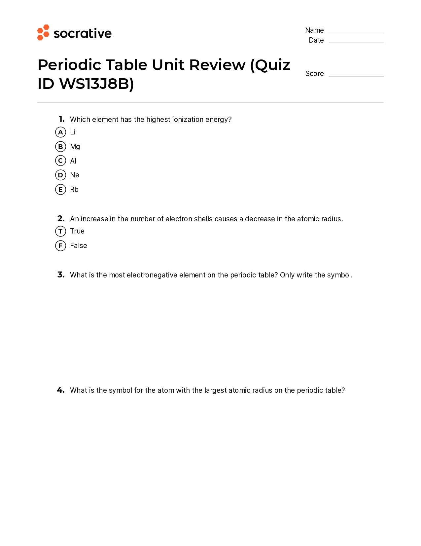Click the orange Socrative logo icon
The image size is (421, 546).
[43, 32]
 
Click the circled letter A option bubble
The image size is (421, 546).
[60, 132]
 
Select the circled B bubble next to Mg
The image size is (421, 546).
[60, 147]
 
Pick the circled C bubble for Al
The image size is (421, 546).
[60, 161]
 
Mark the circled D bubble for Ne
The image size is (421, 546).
[60, 175]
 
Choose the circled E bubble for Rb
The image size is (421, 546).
[60, 190]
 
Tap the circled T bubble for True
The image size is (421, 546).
[60, 231]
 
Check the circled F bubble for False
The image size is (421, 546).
[60, 246]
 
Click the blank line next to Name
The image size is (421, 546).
[356, 32]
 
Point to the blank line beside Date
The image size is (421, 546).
[356, 42]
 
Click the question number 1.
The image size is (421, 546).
[61, 119]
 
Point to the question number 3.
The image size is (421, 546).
[61, 275]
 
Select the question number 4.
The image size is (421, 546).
[61, 390]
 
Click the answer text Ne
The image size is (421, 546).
[75, 175]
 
